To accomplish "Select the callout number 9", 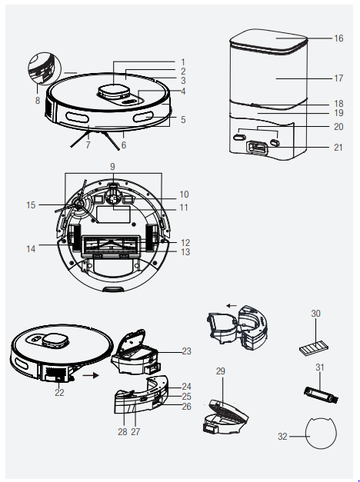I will click(x=112, y=166).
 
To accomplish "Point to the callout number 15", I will click(x=31, y=205).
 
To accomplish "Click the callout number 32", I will click(x=282, y=436).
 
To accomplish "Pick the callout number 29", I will click(x=221, y=371).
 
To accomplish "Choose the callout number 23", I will click(x=185, y=351).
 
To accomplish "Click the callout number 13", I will click(x=185, y=252).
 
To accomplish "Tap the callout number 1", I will click(x=183, y=61).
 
